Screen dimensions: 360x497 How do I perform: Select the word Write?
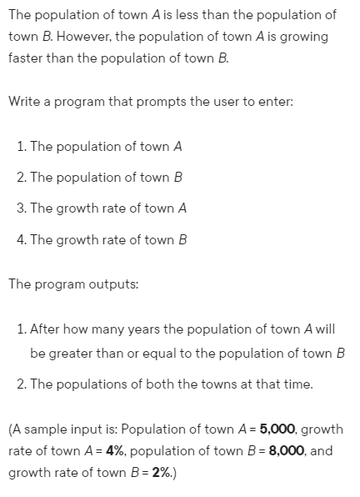[26, 103]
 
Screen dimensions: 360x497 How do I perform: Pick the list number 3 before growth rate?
[22, 208]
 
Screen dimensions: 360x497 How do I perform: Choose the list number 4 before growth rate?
[22, 239]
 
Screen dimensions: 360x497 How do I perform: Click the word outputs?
[112, 283]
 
